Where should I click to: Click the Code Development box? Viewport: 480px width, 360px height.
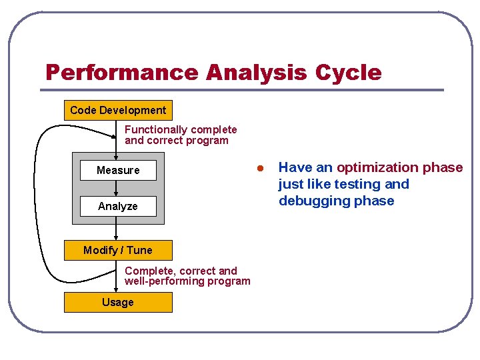[118, 110]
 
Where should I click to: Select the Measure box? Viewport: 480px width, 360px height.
[118, 170]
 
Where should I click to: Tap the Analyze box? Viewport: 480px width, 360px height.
[118, 206]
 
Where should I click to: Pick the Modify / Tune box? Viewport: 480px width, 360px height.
[118, 250]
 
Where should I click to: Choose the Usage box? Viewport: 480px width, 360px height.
[118, 302]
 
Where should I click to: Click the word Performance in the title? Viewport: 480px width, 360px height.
[122, 72]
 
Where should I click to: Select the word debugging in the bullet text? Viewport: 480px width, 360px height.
[311, 201]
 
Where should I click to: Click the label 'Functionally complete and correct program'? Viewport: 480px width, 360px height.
[180, 135]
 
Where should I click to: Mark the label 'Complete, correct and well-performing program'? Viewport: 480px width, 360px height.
[187, 276]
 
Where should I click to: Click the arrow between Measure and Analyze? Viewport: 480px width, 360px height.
[116, 188]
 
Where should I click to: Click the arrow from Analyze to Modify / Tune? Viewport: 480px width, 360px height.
[116, 228]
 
